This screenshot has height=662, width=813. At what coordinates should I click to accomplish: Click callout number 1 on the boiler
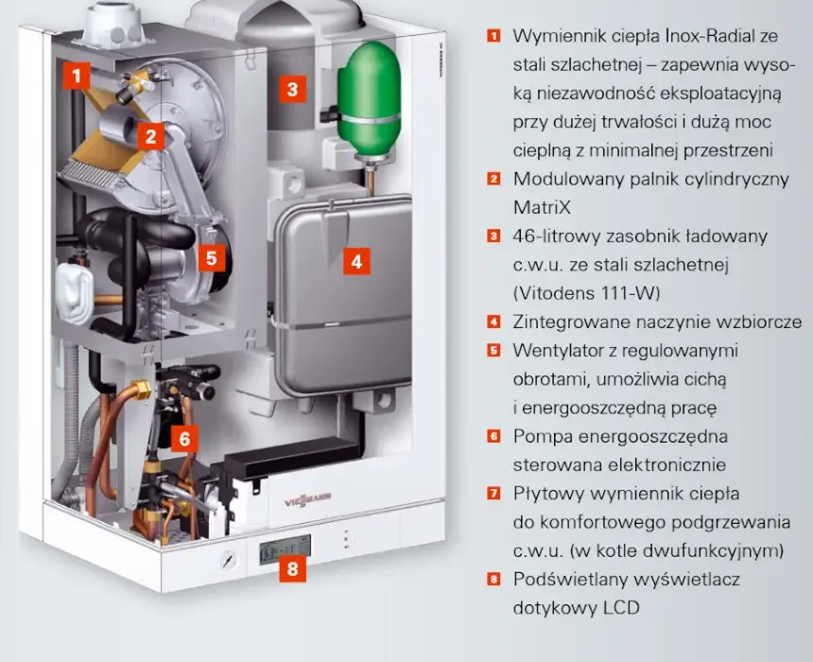[x=77, y=76]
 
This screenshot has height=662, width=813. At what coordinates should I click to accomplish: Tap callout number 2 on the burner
[x=151, y=136]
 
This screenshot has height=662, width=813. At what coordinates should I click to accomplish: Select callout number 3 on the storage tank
[x=292, y=89]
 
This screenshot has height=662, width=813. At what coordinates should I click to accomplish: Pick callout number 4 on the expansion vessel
[x=356, y=261]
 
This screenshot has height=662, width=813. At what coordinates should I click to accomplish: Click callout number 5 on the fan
[x=212, y=258]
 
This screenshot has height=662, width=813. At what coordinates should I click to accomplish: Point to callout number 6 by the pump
[x=184, y=439]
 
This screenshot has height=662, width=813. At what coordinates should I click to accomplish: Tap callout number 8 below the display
[x=292, y=568]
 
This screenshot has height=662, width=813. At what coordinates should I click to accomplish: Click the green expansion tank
[x=370, y=98]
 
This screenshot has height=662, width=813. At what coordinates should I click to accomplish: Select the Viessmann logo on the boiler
[x=307, y=499]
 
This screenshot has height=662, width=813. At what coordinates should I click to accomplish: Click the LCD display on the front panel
[x=285, y=549]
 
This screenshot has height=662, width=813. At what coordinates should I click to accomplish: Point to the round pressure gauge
[x=228, y=560]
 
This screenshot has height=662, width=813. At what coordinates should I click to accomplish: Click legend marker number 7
[x=493, y=493]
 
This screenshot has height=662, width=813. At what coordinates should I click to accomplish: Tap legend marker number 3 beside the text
[x=493, y=236]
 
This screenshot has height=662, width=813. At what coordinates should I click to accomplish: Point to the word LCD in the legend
[x=621, y=607]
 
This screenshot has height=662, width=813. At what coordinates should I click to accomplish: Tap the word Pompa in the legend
[x=543, y=436]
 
